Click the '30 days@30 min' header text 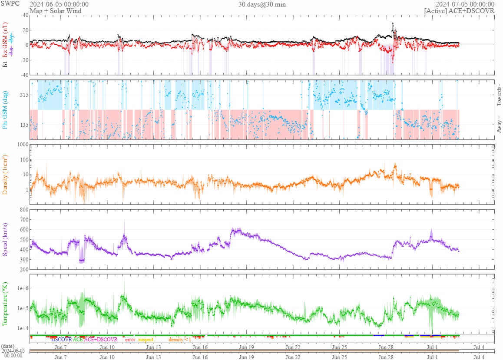262,4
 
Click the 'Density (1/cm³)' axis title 6,175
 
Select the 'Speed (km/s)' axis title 6,239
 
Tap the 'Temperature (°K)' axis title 6,304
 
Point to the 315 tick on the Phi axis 22,95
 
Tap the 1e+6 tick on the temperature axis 21,288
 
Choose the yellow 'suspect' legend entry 146,339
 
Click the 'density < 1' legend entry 180,339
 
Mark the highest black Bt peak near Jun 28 393,23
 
